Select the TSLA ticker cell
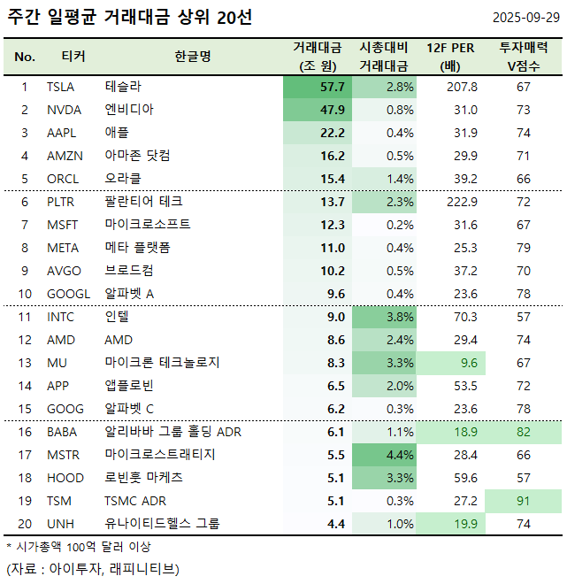(x=61, y=87)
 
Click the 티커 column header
(x=73, y=57)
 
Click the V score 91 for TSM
(x=524, y=501)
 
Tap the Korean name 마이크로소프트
(x=147, y=225)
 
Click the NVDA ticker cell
(x=63, y=110)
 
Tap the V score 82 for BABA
(x=524, y=432)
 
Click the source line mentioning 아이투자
(x=92, y=567)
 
